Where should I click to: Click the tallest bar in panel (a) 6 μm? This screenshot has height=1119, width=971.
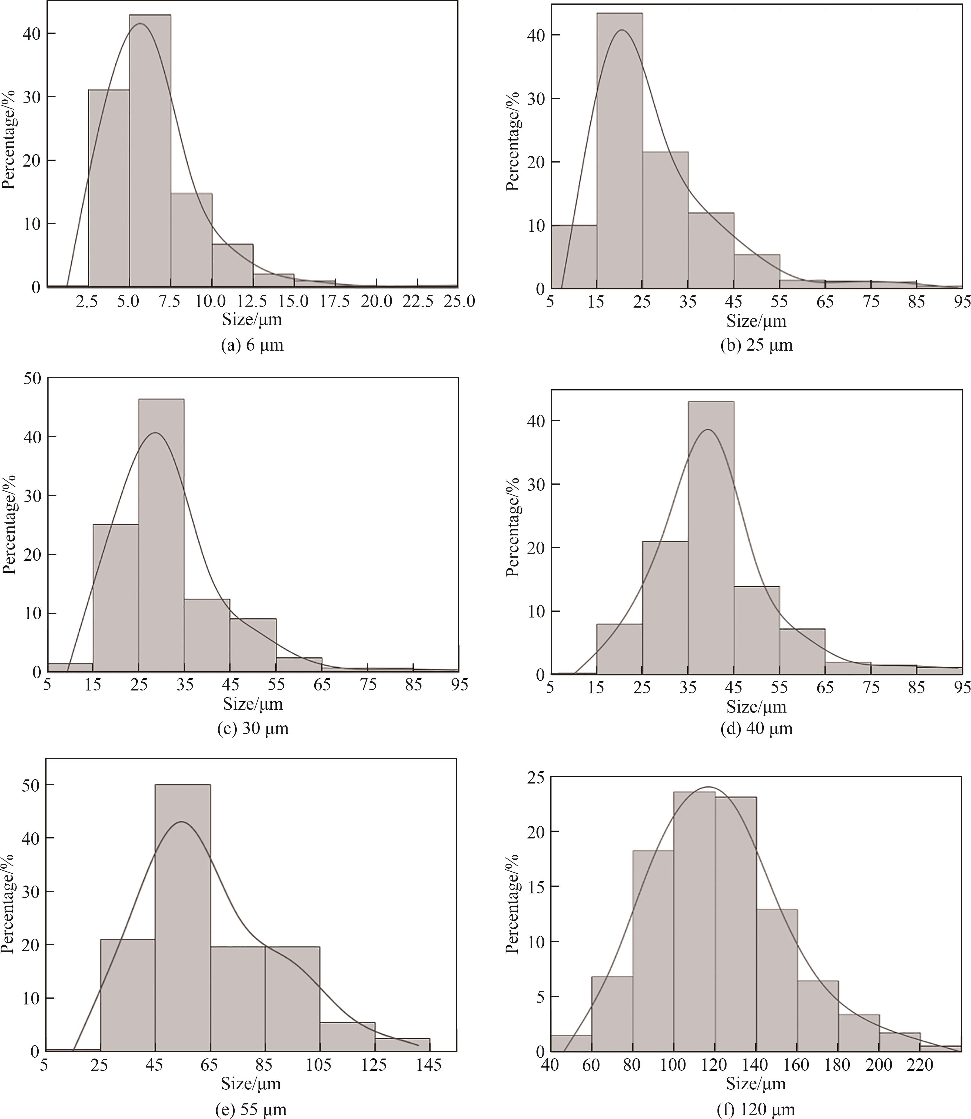pyautogui.click(x=150, y=152)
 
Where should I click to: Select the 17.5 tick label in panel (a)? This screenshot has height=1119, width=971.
pyautogui.click(x=335, y=301)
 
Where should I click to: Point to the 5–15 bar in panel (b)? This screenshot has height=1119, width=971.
pyautogui.click(x=574, y=257)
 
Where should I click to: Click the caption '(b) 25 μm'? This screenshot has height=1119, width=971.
pyautogui.click(x=756, y=345)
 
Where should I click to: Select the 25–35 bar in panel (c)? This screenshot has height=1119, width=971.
pyautogui.click(x=161, y=536)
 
